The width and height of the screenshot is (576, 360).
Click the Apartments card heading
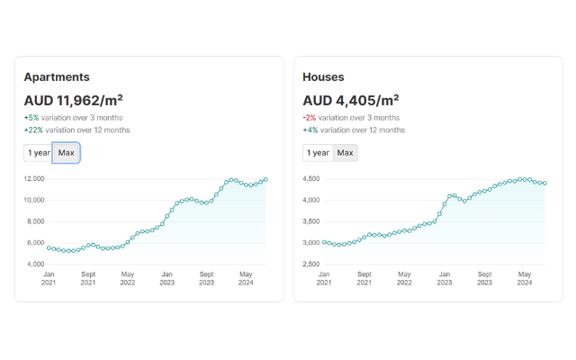[x=57, y=77]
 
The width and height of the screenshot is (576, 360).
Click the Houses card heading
[x=323, y=77]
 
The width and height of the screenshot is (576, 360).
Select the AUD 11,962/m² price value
[x=73, y=100]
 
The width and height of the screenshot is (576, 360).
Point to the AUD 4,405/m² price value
[x=350, y=100]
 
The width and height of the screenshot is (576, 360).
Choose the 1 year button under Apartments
[x=39, y=153]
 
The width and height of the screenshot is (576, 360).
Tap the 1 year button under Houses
[x=318, y=153]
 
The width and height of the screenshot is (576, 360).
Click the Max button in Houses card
[x=346, y=153]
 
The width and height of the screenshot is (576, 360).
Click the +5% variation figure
[x=31, y=118]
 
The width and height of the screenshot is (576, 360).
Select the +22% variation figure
[x=33, y=130]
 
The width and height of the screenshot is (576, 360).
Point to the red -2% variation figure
[x=310, y=118]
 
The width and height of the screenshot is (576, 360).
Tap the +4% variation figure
[x=310, y=130]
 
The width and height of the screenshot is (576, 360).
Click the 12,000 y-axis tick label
[x=34, y=178]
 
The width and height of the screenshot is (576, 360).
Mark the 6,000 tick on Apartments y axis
[x=36, y=243]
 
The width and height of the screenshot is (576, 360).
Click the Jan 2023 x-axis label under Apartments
[x=167, y=278]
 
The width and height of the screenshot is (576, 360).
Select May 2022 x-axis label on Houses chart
[x=406, y=278]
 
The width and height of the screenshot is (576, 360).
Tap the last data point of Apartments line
[x=265, y=179]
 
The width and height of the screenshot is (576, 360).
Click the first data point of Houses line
[x=324, y=242]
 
